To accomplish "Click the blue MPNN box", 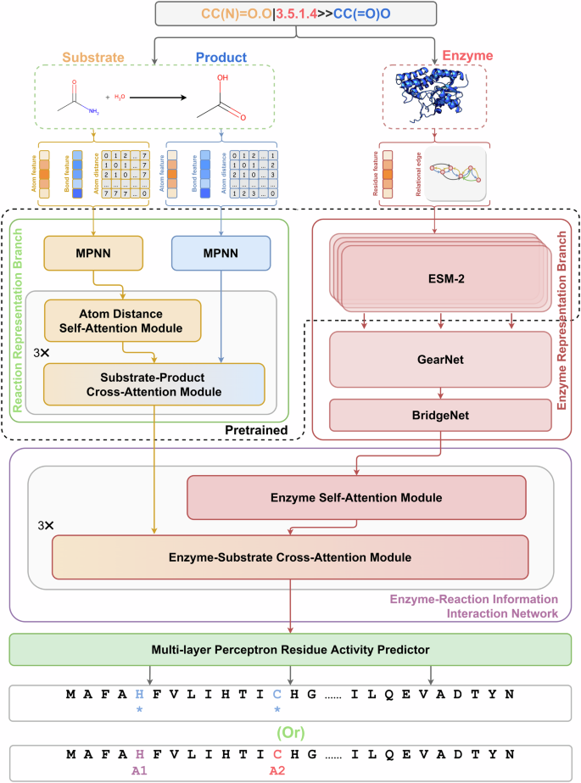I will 220,254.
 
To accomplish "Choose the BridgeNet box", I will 439,416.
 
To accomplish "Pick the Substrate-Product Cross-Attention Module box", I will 154,384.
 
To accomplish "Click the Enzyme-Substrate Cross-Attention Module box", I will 291,556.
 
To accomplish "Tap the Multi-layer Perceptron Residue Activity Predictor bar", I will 290,649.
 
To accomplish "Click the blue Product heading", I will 222,57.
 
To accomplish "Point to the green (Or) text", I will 290,730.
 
